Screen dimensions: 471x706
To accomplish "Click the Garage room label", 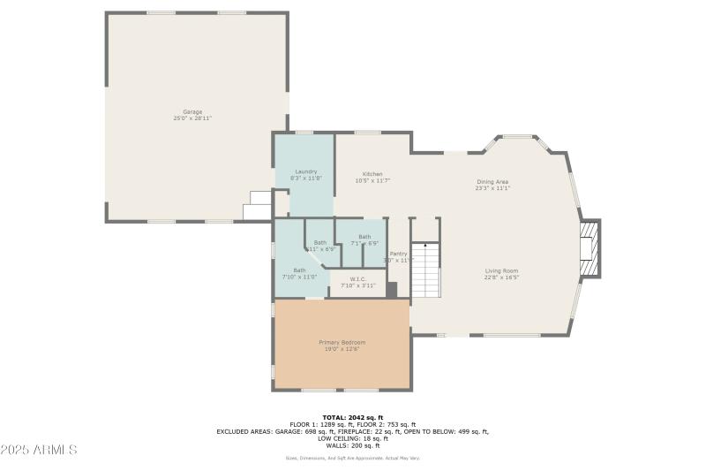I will pos(192,111).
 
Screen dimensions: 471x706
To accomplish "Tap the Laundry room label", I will pos(306,171).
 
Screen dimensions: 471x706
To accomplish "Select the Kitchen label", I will pos(372,174).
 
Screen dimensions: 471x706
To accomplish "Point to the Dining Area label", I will pos(492,182).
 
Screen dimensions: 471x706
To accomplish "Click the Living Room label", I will pos(501,270).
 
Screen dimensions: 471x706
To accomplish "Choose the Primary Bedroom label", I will pos(342,342).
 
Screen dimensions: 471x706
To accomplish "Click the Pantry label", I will pos(399,254).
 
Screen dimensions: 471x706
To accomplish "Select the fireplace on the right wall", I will pos(590,248).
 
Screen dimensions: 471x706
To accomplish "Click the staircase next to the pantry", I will pos(426,270).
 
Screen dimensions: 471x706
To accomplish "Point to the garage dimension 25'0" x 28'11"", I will pos(192,118).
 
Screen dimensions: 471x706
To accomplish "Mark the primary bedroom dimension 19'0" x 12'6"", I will pos(342,349).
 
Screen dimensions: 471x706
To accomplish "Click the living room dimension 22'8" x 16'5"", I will pos(501,277).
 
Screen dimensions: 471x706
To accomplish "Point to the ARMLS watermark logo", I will pos(39,450).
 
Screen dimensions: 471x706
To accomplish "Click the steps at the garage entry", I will pos(258,205).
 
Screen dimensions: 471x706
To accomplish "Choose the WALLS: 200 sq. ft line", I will pos(352,445).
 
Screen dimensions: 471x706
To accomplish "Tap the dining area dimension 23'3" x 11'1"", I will pos(492,188).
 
